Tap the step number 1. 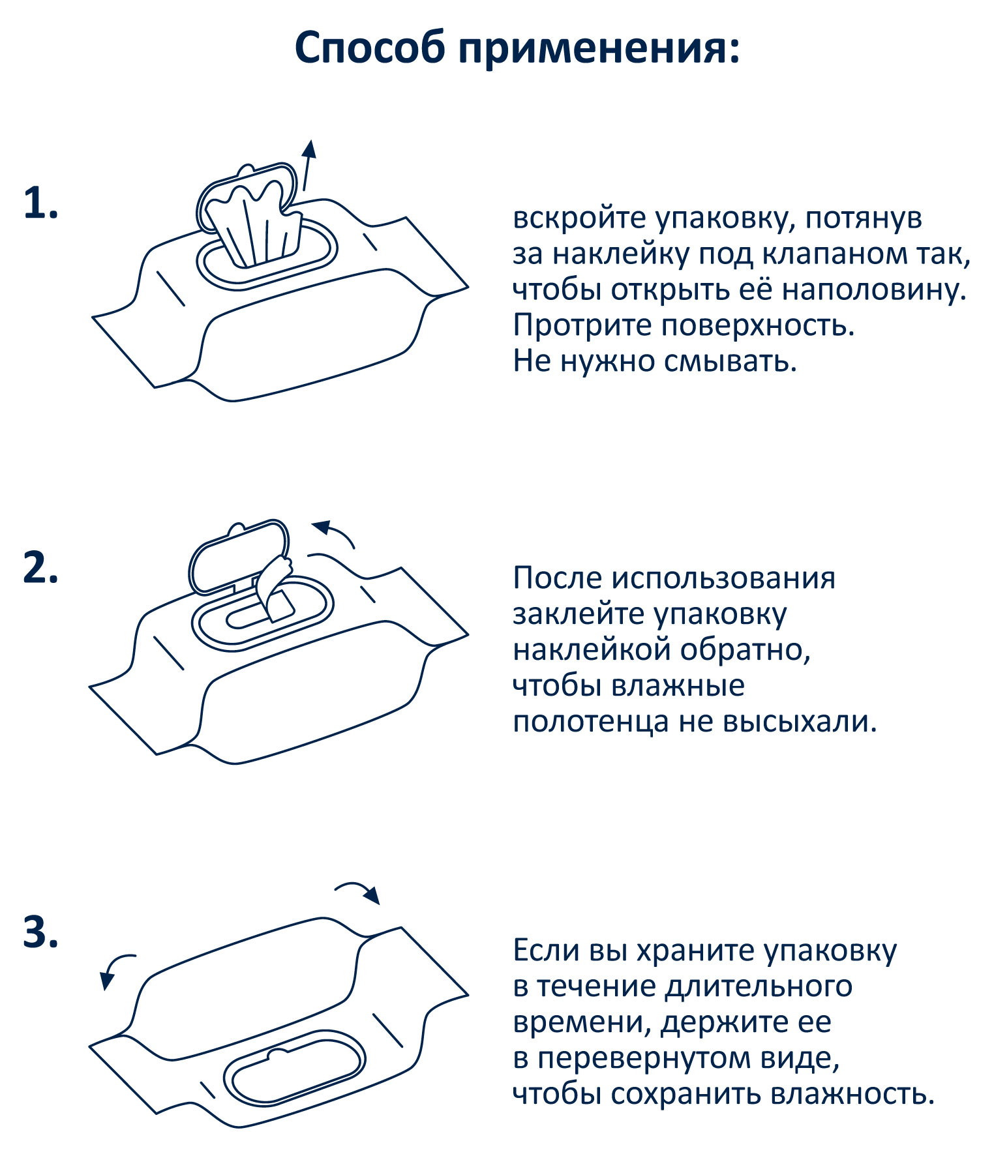40,203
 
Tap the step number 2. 40,568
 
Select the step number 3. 40,932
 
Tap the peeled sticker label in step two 273,584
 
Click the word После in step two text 558,578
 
